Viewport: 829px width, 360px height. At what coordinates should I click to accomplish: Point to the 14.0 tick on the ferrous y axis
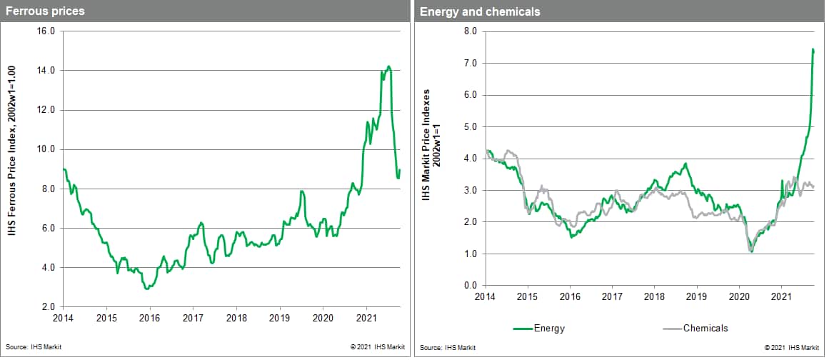(x=46, y=71)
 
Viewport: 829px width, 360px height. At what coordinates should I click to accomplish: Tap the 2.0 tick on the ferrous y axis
(x=49, y=307)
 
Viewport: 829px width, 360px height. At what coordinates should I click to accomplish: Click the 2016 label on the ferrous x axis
(x=150, y=317)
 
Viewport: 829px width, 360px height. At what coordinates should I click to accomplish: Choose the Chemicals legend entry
(x=695, y=329)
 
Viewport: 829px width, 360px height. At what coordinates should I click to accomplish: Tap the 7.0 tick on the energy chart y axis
(x=471, y=64)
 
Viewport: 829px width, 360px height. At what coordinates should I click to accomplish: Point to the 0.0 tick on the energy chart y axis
(x=471, y=286)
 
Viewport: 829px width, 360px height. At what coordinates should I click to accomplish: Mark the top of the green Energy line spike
(x=813, y=49)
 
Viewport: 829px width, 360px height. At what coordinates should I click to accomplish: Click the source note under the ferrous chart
(x=29, y=347)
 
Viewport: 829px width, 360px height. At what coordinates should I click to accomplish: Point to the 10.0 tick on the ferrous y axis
(x=46, y=149)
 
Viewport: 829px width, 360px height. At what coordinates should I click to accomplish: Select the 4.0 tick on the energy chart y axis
(x=471, y=159)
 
